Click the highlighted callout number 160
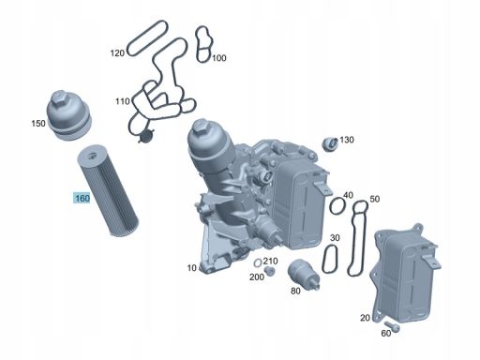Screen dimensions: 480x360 [x=82, y=198]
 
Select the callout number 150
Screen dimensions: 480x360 [x=38, y=124]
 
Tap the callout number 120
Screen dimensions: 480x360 [x=117, y=53]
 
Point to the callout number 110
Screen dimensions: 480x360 [x=122, y=101]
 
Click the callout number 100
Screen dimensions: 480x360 [x=218, y=58]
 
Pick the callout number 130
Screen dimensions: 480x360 [x=347, y=140]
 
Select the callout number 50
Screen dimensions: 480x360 [x=374, y=199]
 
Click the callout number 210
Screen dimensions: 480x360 [x=270, y=261]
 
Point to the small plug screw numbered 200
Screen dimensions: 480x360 [x=268, y=271]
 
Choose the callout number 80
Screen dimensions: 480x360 [x=295, y=291]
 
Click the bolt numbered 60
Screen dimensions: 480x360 [x=392, y=326]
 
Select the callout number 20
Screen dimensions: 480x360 [x=365, y=318]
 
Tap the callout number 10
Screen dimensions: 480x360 [x=191, y=268]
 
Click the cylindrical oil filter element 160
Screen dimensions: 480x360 [x=107, y=189]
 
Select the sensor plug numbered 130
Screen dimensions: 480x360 [x=330, y=143]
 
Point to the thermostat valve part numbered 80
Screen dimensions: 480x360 [x=303, y=275]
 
